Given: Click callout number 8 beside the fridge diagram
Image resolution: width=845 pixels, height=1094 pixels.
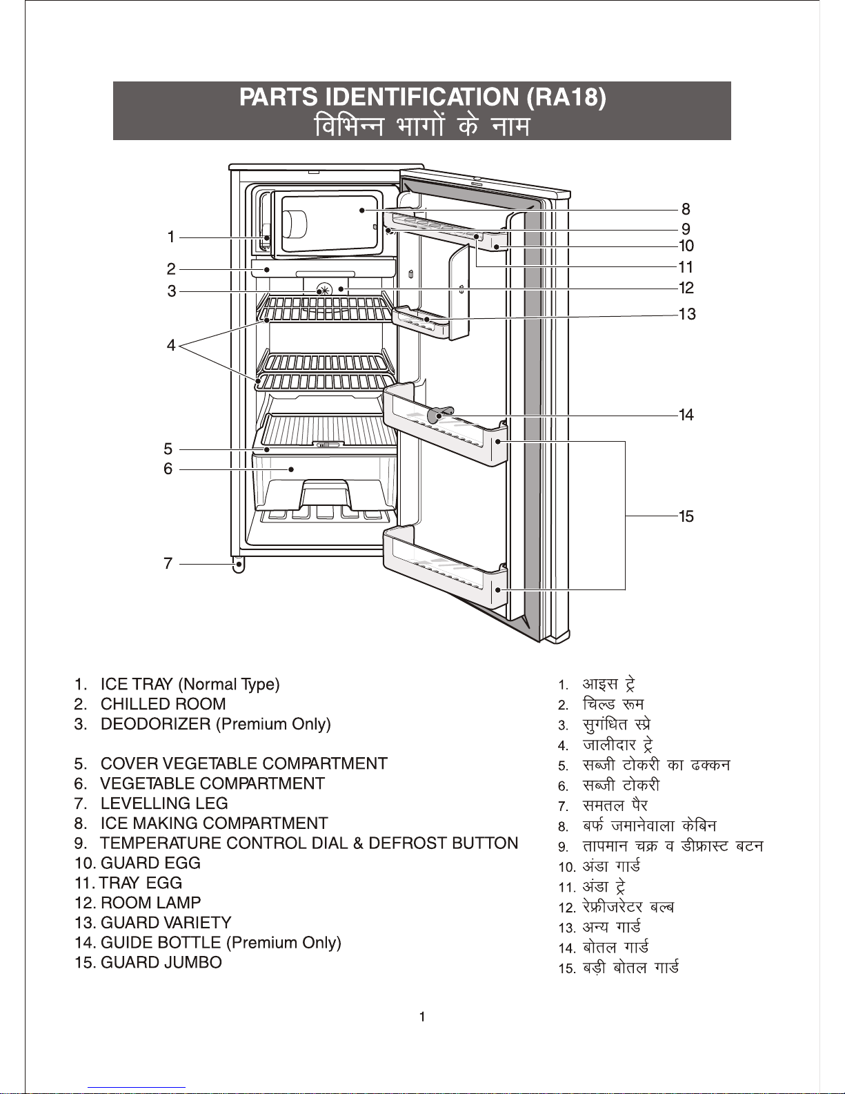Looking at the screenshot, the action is pyautogui.click(x=686, y=209).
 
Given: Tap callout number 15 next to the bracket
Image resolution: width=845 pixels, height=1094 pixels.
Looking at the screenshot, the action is pyautogui.click(x=686, y=516).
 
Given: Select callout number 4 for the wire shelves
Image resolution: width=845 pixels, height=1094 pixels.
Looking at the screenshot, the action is pyautogui.click(x=171, y=345).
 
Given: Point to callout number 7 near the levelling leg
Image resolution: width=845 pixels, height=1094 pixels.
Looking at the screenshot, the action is pyautogui.click(x=168, y=563).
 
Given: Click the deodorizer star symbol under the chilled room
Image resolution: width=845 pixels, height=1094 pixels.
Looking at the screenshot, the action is pyautogui.click(x=324, y=289).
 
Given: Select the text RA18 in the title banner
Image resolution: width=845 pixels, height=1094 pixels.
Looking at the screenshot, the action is pyautogui.click(x=566, y=97).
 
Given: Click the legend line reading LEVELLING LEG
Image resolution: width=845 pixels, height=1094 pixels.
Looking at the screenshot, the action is pyautogui.click(x=164, y=803).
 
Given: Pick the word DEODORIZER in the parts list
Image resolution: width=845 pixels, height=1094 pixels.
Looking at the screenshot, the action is pyautogui.click(x=156, y=724).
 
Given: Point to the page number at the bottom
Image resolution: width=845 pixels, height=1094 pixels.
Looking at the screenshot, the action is pyautogui.click(x=422, y=1017).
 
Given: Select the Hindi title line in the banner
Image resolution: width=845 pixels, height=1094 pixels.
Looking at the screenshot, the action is pyautogui.click(x=422, y=126).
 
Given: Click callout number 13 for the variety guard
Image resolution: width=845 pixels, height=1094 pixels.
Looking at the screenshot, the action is pyautogui.click(x=686, y=313).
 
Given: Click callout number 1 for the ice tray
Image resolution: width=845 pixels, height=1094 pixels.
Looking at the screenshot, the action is pyautogui.click(x=171, y=237).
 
